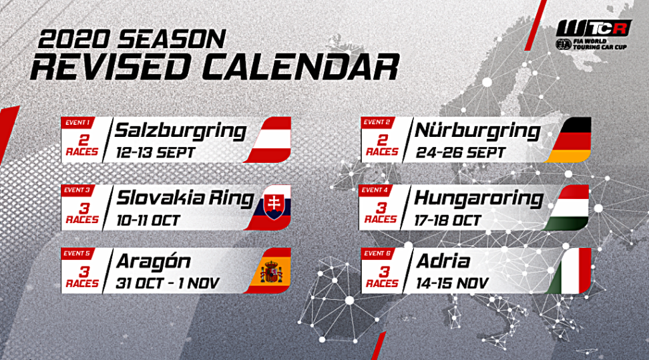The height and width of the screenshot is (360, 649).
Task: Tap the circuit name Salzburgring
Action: tap(180, 130)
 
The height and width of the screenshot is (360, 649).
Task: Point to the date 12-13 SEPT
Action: tap(155, 152)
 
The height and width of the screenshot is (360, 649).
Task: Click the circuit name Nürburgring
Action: tap(477, 130)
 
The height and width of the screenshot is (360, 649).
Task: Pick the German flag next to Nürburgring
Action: tap(570, 140)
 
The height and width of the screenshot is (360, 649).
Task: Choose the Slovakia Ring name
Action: tap(185, 198)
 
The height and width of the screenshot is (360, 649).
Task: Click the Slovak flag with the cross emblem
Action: tap(273, 208)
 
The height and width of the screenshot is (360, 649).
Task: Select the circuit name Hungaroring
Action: tap(478, 198)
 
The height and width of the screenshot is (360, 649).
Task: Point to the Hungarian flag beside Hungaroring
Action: tap(571, 208)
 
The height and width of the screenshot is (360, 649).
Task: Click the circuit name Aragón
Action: tap(153, 260)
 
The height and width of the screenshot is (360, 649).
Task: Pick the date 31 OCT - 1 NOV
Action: tap(167, 283)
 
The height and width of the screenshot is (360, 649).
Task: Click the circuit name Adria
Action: tap(441, 260)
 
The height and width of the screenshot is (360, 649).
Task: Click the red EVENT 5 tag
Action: tap(77, 254)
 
